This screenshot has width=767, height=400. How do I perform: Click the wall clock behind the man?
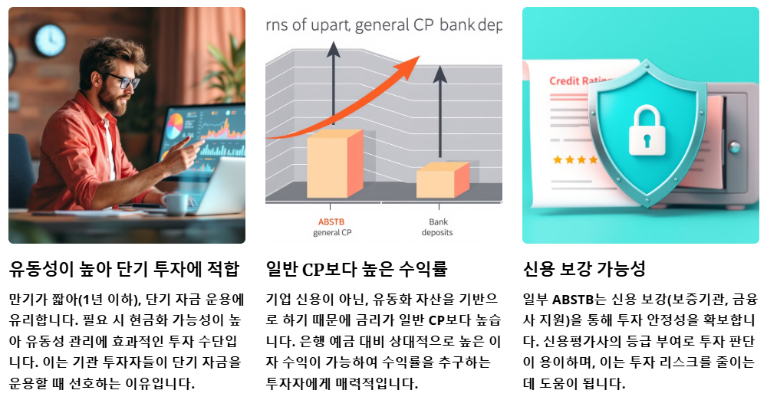click(x=50, y=40)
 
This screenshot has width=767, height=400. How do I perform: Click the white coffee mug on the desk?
click(x=175, y=203)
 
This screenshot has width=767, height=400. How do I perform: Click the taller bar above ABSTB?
click(x=334, y=164)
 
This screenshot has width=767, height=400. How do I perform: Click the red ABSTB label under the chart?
click(x=333, y=223)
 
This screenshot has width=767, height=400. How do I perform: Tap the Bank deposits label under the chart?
click(x=437, y=227)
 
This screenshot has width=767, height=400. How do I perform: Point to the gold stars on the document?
click(x=575, y=160)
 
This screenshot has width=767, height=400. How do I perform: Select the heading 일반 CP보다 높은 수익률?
click(x=356, y=270)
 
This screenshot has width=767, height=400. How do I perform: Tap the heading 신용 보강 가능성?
click(x=584, y=270)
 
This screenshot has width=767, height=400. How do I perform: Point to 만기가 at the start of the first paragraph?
click(x=25, y=299)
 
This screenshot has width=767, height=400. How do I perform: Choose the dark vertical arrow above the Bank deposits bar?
click(x=440, y=115)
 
